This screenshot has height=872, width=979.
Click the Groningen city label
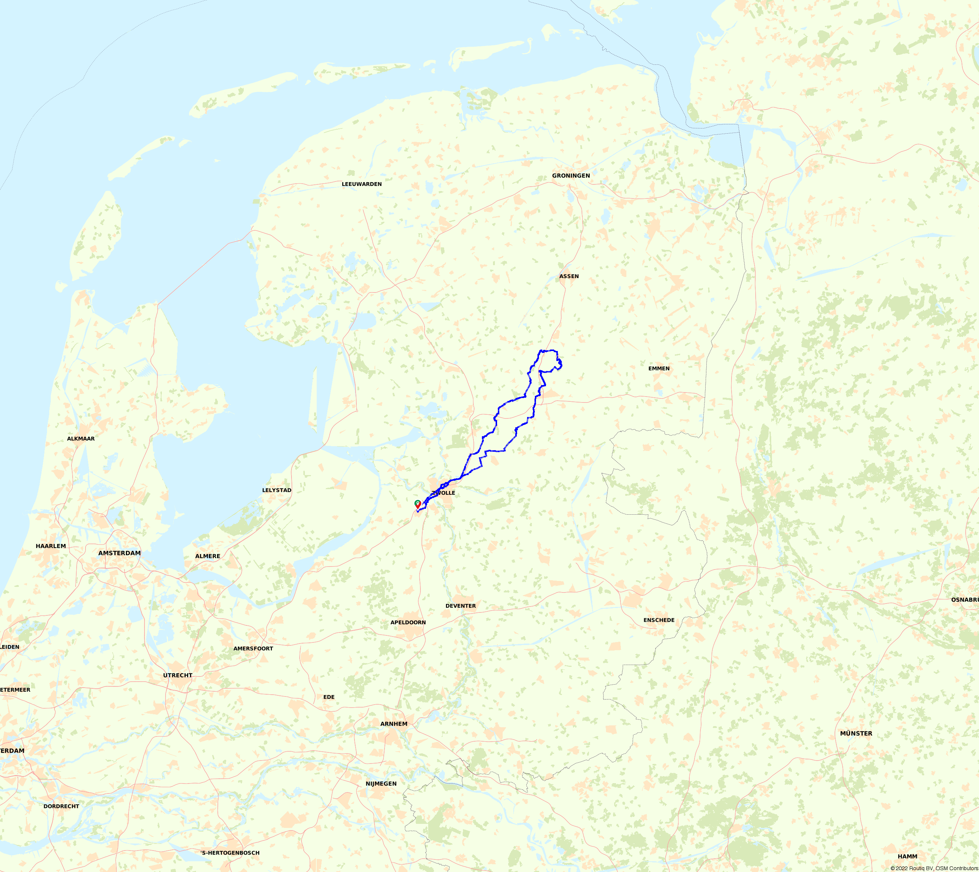(x=571, y=176)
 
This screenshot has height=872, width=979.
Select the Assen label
(x=569, y=277)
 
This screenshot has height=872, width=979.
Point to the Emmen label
(x=659, y=368)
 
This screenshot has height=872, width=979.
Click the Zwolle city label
(x=444, y=493)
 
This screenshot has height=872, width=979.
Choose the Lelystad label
(x=276, y=490)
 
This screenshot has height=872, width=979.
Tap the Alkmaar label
(x=80, y=439)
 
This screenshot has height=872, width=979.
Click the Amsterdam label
(x=119, y=553)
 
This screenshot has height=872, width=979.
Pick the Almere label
(x=207, y=556)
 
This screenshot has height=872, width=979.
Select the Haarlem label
(x=51, y=546)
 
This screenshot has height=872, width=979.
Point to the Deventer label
(x=460, y=606)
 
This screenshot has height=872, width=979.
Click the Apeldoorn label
(x=408, y=623)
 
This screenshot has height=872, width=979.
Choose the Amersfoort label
(x=253, y=649)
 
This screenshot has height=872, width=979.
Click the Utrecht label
(x=177, y=675)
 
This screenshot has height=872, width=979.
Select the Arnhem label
(x=394, y=724)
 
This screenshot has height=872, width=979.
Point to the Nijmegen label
(x=381, y=784)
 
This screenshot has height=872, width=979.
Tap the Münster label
(x=856, y=734)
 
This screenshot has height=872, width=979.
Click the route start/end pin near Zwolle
(x=418, y=504)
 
